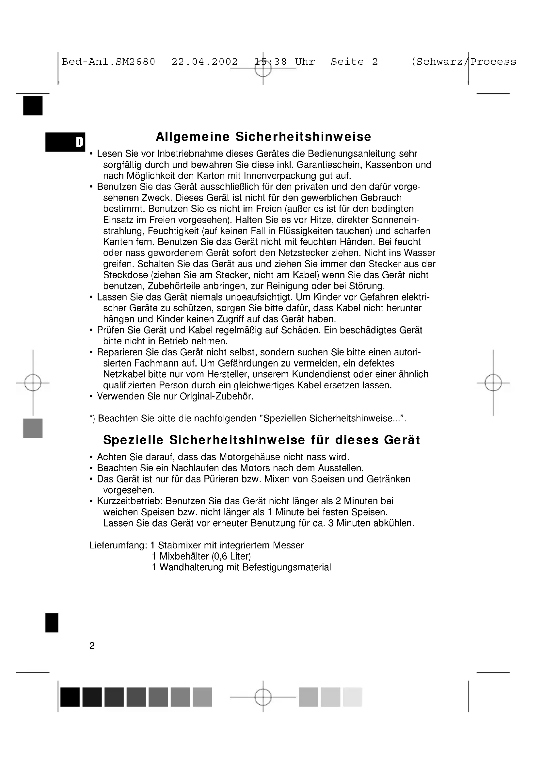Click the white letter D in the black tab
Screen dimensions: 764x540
79,142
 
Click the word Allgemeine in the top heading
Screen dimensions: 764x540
193,137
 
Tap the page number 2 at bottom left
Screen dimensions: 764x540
92,646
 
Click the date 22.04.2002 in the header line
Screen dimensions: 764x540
204,62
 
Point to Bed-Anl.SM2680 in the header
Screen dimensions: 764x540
108,62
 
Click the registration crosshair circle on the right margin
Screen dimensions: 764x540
493,383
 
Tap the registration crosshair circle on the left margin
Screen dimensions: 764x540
33,383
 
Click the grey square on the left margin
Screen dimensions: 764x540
33,428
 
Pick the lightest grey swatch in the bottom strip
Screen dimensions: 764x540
353,697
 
